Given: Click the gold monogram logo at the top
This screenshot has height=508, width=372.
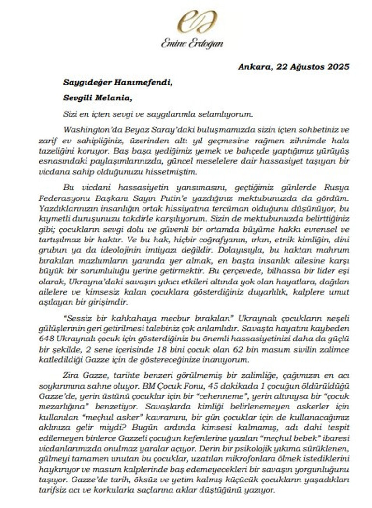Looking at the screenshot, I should pyautogui.click(x=192, y=22).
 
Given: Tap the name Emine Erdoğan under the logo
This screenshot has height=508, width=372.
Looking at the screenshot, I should pyautogui.click(x=192, y=43).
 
